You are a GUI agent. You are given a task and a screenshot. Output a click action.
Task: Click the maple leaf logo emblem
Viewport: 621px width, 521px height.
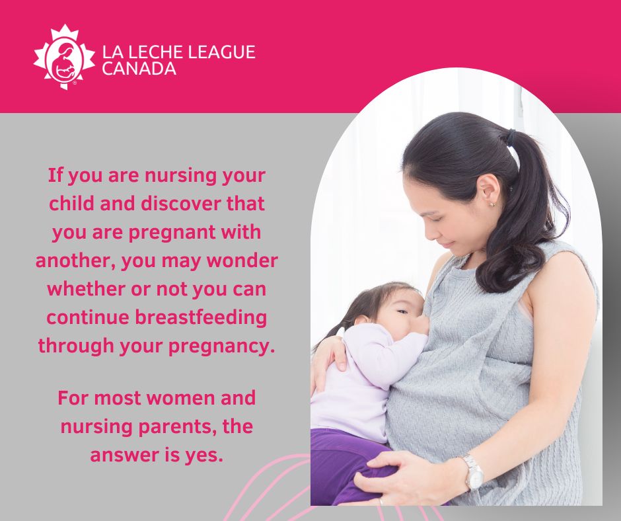pos(64,56)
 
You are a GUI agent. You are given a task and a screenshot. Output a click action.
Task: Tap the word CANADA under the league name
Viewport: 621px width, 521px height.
pos(139,69)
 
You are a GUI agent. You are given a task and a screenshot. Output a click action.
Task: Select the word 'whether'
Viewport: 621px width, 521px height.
pos(87,289)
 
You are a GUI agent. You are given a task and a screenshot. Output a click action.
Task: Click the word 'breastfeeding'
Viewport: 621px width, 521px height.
pos(201,317)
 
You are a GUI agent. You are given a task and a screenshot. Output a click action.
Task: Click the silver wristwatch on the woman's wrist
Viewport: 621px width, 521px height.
pos(473,473)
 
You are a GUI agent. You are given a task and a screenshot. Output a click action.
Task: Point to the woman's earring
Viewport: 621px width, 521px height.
pos(492,204)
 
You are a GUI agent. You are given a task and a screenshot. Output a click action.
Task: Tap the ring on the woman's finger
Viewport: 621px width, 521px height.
pos(381,502)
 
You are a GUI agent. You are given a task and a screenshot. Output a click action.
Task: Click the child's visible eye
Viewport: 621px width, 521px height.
pos(402,311)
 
